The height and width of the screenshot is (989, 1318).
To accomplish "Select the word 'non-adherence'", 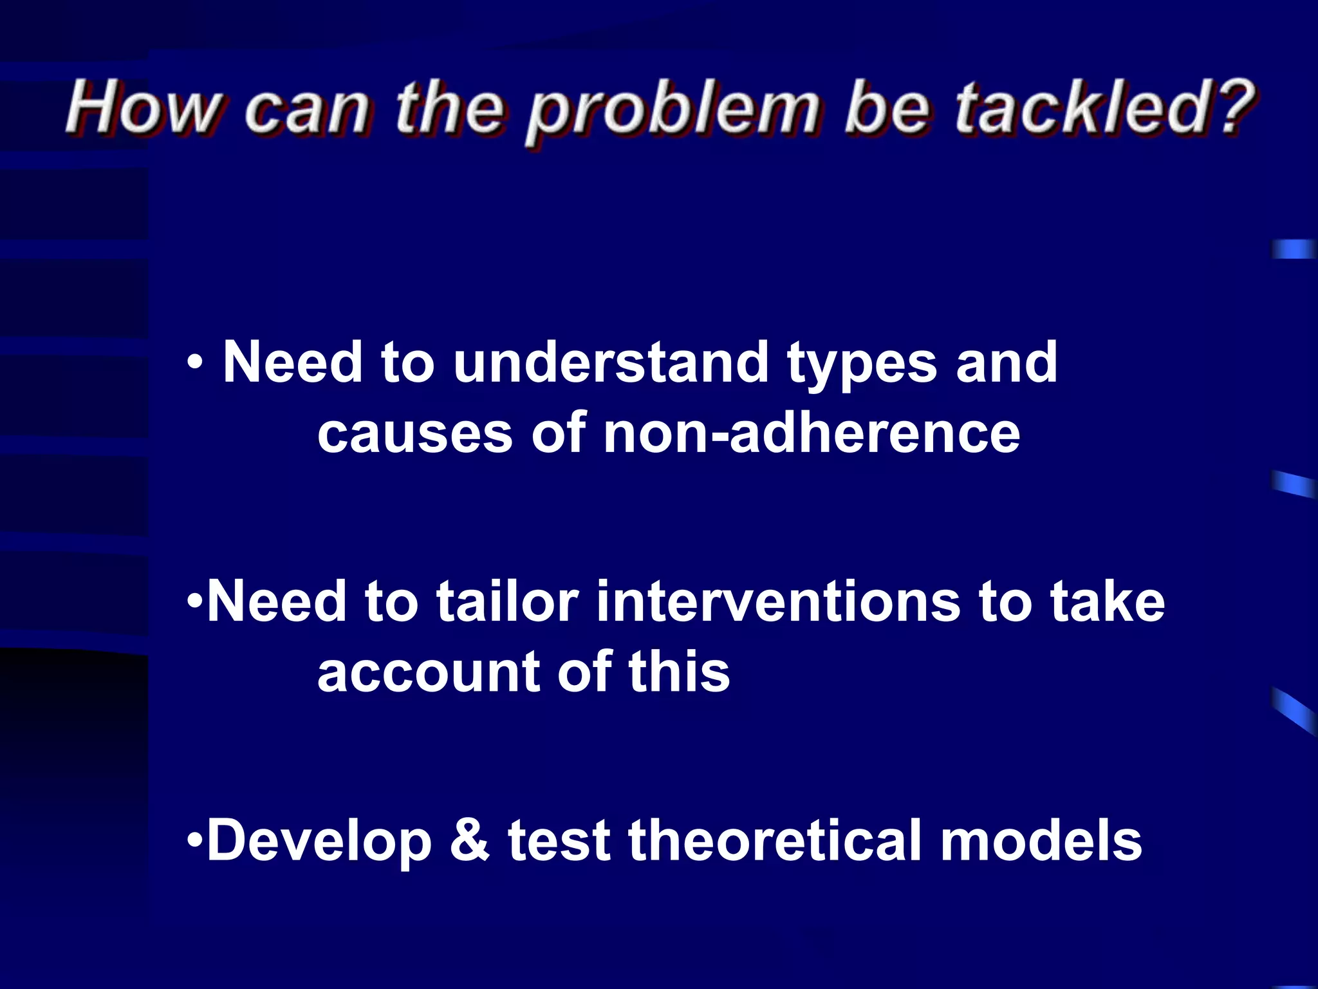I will click(x=812, y=433).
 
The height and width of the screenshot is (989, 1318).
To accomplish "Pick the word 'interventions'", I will click(x=778, y=601).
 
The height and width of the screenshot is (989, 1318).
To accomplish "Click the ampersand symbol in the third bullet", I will click(x=469, y=840).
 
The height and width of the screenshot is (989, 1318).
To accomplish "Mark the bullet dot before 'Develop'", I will click(x=195, y=840).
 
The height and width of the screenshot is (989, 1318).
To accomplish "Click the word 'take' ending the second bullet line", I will click(x=1107, y=601).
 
